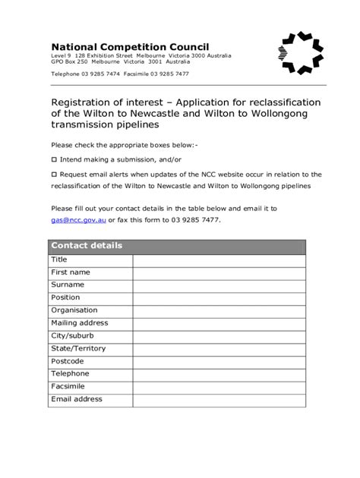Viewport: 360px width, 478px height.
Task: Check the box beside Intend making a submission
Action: click(x=53, y=160)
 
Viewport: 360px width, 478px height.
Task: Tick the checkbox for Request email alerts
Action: click(x=53, y=174)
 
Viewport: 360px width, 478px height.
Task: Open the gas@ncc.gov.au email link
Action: click(x=78, y=219)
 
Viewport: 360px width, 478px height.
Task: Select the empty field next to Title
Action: click(x=219, y=259)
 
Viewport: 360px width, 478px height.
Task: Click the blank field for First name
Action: click(x=219, y=272)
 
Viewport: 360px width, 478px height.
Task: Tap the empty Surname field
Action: click(x=219, y=285)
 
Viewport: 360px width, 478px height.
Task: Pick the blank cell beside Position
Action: click(x=219, y=297)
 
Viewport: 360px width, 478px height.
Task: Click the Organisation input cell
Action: click(x=219, y=310)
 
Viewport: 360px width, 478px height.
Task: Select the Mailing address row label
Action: click(x=80, y=323)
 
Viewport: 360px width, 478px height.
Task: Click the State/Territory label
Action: click(x=78, y=348)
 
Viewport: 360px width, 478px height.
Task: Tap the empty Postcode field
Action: click(x=219, y=361)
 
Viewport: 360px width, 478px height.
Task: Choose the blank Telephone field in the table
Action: click(x=219, y=373)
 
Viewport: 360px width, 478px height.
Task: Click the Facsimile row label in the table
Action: click(x=69, y=386)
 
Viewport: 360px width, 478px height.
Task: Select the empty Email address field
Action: click(x=219, y=399)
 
